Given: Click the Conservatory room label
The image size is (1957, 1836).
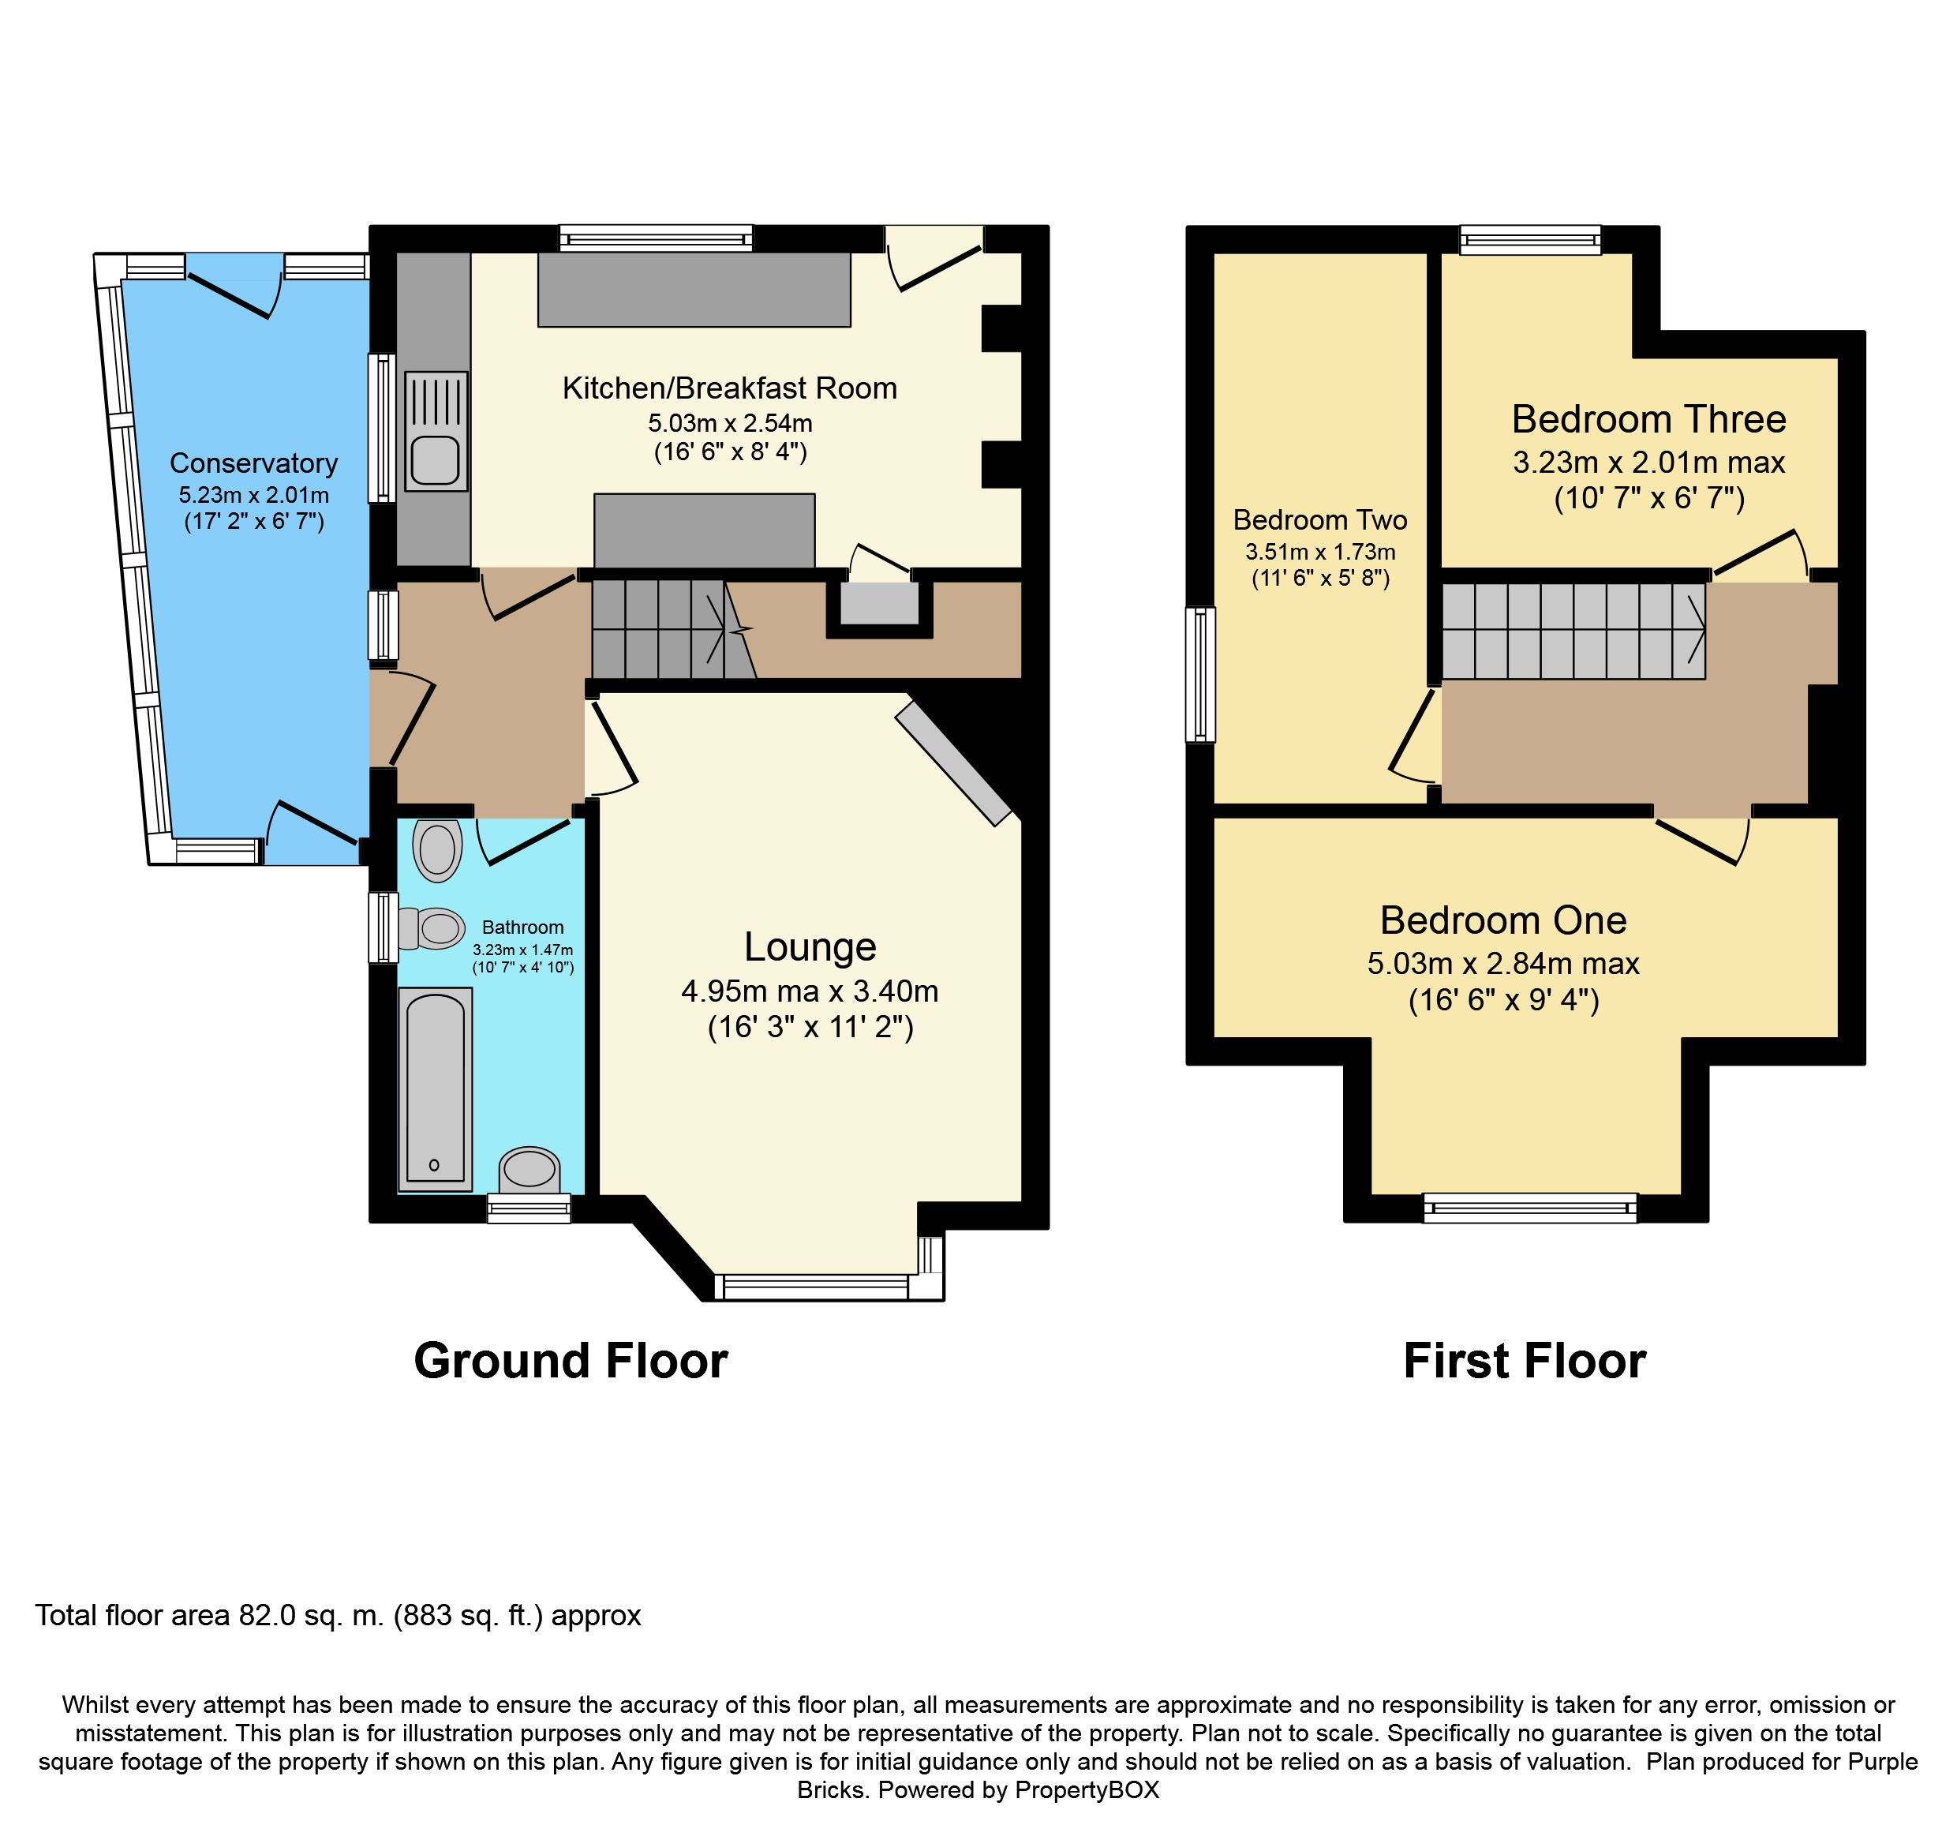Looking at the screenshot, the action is [253, 463].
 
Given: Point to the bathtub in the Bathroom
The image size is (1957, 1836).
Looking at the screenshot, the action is [435, 1088].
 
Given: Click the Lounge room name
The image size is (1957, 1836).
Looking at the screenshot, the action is [810, 947].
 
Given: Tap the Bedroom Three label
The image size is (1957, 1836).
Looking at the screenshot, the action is [1649, 419].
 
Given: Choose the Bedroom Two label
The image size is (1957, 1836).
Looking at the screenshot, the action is [1320, 520].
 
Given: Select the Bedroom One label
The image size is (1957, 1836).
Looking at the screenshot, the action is [1503, 920].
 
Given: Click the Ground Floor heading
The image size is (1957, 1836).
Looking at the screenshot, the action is [571, 1362].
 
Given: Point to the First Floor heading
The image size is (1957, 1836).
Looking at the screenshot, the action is [1525, 1362].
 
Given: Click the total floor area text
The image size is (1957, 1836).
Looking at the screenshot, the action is [339, 1616].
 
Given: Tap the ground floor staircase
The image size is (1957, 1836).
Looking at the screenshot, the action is [675, 629].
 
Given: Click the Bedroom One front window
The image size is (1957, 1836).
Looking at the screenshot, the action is [1531, 1207].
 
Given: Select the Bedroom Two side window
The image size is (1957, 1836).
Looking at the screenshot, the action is [1201, 674].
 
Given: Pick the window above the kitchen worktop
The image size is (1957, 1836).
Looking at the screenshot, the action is [657, 238].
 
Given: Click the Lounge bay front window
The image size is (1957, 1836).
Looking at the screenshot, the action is [811, 1287].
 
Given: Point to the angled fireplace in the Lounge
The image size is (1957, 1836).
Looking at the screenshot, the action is [953, 763].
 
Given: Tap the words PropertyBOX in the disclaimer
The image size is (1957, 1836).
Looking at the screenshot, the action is [1087, 1789].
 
